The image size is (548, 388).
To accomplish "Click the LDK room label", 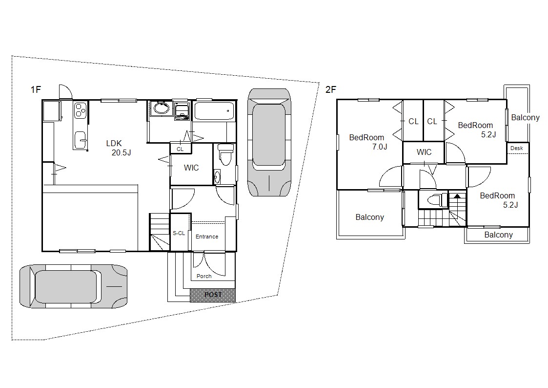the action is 114,143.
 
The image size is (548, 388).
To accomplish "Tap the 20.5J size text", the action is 122,152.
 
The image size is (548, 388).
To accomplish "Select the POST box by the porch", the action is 213,295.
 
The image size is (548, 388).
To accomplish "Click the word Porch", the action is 204,276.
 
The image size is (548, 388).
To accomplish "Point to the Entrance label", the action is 207,237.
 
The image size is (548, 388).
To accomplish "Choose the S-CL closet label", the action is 179,233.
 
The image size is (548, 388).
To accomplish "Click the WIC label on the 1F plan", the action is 191,168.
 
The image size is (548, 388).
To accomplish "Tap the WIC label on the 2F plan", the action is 424,152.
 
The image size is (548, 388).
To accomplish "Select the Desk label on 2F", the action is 517,148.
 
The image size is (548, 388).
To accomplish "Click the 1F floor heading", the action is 36,89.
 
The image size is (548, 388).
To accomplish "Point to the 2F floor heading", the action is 331,89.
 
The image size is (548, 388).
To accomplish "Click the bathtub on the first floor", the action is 214,111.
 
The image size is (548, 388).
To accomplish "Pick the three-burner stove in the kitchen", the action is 81,109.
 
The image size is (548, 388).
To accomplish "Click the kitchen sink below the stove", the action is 81,140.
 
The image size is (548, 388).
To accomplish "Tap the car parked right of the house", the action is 269,142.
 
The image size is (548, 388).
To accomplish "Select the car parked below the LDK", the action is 73,286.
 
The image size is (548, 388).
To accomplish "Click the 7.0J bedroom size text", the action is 380,147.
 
